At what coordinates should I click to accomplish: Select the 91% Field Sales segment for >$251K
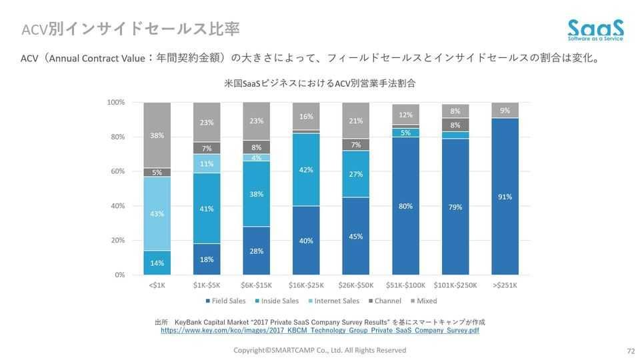coord(505,197)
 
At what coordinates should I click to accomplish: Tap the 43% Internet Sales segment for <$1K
coord(157,214)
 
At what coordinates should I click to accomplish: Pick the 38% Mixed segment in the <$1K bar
coord(157,135)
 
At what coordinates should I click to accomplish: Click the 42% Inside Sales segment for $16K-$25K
coord(306,170)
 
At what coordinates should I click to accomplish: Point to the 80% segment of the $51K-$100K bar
coord(405,206)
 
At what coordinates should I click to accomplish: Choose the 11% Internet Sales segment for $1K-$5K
coord(207,164)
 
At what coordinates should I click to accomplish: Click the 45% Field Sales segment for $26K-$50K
coord(356,237)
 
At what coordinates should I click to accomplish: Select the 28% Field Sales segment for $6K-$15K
coord(257,251)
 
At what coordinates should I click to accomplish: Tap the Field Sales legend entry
coord(226,301)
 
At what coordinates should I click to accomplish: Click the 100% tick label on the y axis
coord(115,102)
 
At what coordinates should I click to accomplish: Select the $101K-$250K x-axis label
coord(455,285)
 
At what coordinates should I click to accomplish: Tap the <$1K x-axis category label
coord(157,285)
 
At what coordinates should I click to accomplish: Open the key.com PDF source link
coord(319,330)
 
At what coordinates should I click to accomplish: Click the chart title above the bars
coord(320,83)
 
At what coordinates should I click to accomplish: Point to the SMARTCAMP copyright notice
coord(319,350)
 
